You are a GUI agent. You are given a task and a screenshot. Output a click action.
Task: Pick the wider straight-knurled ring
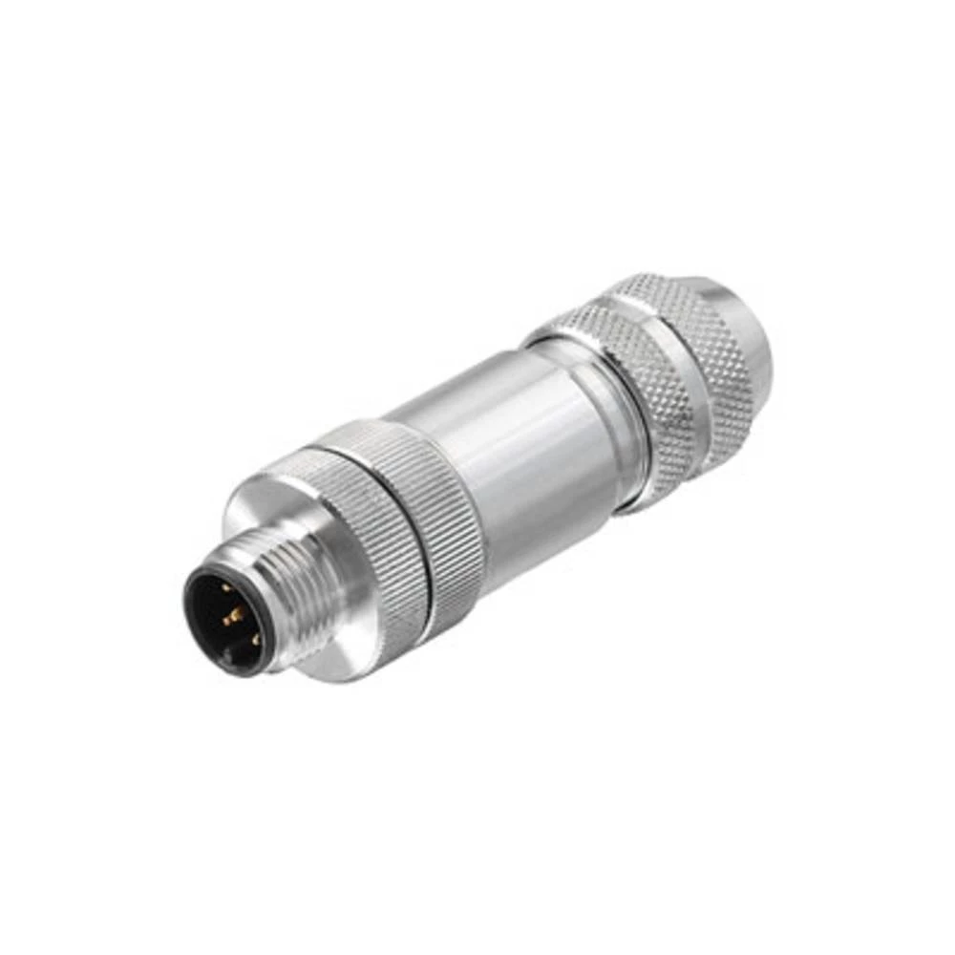tap(435, 516)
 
